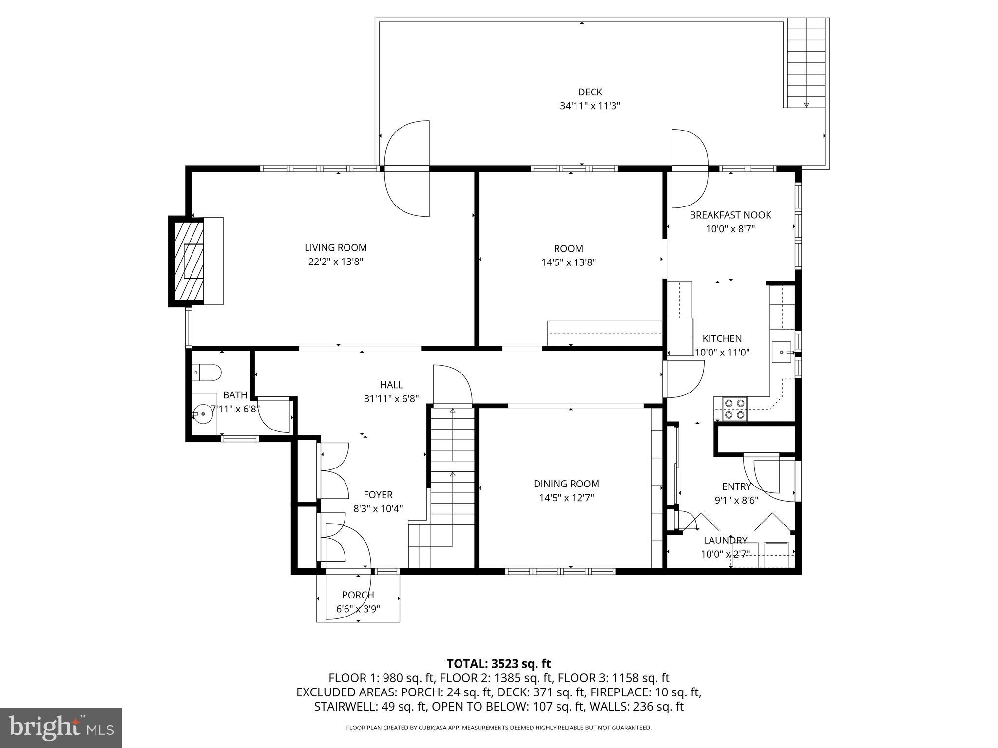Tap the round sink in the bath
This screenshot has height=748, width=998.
[x=201, y=414]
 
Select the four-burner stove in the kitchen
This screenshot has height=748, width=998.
[x=734, y=409]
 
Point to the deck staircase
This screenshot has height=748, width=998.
[x=806, y=63]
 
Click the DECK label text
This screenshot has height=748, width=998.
[x=590, y=92]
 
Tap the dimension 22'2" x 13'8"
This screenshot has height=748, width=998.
[x=335, y=262]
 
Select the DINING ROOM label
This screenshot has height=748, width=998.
[x=566, y=484]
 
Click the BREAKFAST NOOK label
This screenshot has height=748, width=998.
[x=730, y=215]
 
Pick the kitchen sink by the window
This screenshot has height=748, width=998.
[x=782, y=352]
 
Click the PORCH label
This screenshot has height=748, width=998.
[x=358, y=595]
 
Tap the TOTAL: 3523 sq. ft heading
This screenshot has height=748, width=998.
[x=499, y=663]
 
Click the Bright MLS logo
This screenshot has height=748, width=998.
[x=61, y=728]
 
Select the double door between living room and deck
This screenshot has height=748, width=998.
[x=407, y=168]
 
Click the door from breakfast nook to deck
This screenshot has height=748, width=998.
[x=689, y=168]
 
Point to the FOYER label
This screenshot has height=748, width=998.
[x=378, y=495]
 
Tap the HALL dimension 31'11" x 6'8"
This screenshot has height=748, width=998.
[x=391, y=399]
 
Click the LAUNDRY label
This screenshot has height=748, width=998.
[x=725, y=540]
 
